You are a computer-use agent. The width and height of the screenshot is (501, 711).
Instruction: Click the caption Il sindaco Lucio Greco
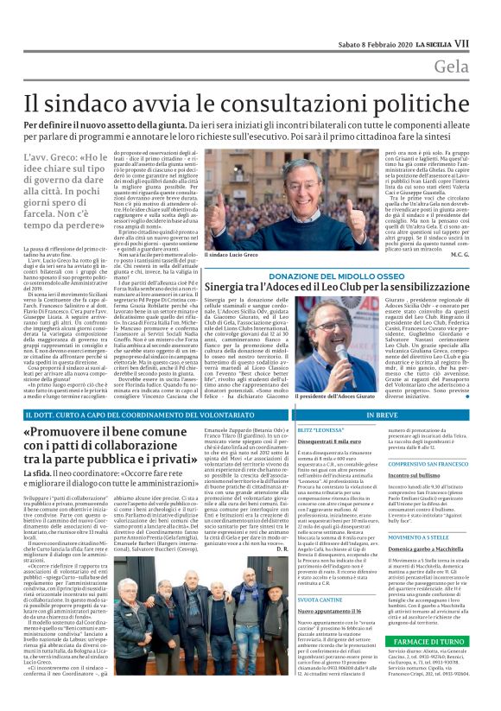pos(232,255)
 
